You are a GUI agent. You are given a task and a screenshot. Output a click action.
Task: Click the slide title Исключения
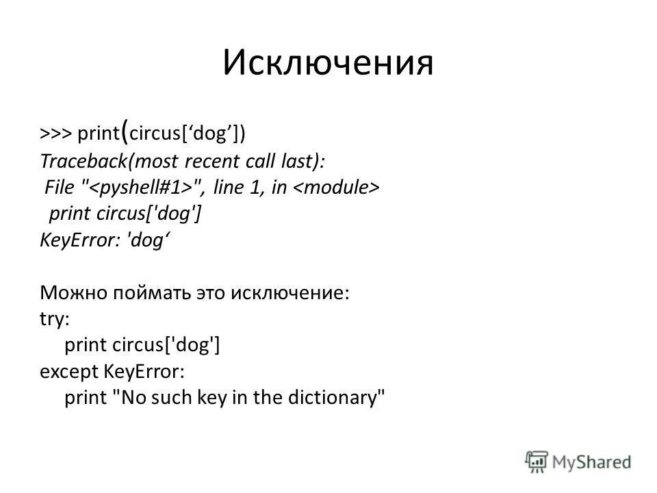point(328,63)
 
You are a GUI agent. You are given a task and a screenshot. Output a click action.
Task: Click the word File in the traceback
point(59,187)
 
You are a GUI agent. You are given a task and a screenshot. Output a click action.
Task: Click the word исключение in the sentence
point(290,294)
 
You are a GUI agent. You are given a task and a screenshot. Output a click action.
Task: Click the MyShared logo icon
point(538,461)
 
